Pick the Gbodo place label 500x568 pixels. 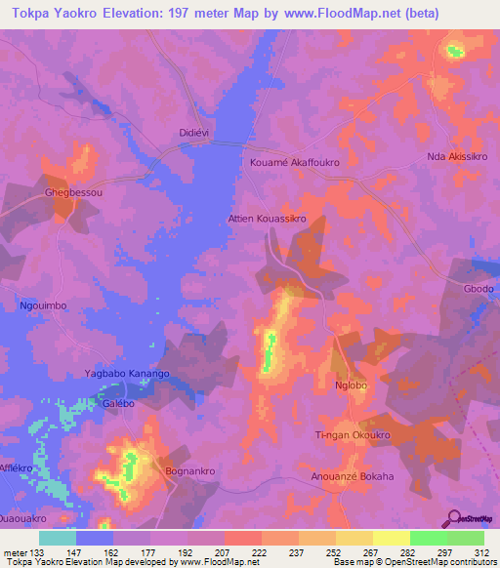(x=479, y=291)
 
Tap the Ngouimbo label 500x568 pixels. (x=43, y=305)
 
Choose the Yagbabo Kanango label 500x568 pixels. (x=127, y=374)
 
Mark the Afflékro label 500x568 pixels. (x=20, y=467)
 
